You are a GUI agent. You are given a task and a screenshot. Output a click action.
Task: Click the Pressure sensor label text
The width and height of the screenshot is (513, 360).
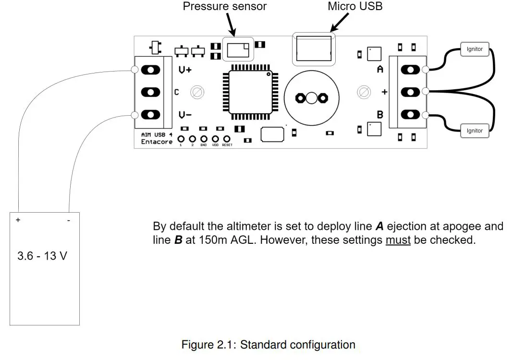coord(224,7)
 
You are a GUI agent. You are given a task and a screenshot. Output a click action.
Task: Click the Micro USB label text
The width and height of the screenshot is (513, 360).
coord(355,6)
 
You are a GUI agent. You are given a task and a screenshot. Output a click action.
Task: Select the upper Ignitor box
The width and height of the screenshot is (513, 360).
coord(474,49)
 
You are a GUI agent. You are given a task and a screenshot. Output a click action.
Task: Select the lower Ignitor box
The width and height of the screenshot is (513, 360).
coord(474,131)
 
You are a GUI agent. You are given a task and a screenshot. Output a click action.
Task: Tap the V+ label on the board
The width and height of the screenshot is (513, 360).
coord(185,70)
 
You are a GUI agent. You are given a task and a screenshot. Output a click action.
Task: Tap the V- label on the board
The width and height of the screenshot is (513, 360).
coord(185,115)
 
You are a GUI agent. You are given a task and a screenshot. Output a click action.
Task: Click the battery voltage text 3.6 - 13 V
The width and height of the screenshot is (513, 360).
coord(42,256)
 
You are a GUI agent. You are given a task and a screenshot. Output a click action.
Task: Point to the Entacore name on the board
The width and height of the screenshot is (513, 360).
coord(157,142)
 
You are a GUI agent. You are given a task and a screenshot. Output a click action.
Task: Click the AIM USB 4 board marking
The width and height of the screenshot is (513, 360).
coord(156,135)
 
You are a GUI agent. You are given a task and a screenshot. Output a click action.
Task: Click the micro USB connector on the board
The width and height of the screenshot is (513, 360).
coord(314,49)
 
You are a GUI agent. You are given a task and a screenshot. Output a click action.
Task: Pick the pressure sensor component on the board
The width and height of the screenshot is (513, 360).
coord(238,49)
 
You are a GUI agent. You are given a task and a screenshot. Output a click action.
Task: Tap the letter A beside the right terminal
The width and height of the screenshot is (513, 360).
coord(380,70)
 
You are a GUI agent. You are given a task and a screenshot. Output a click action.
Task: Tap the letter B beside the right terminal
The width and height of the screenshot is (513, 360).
coord(380,115)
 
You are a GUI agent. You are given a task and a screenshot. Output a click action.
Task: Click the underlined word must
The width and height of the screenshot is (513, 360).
coord(398,240)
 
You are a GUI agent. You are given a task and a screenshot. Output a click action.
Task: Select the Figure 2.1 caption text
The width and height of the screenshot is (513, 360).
coord(268,345)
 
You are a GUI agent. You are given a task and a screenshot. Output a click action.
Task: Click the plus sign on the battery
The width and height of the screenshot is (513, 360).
coord(18,220)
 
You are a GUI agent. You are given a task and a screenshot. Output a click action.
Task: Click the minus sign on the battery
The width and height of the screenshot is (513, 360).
coord(68,220)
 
